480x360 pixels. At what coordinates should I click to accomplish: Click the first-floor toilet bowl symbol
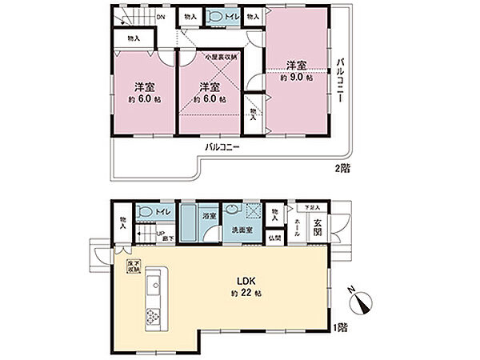coord(146,211)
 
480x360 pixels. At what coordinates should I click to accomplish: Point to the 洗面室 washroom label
coord(239,230)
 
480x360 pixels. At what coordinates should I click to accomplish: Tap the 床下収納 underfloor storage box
coord(131,266)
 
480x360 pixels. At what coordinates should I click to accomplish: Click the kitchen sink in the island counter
coord(154,284)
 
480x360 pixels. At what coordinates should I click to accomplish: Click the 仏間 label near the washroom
coord(274,238)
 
